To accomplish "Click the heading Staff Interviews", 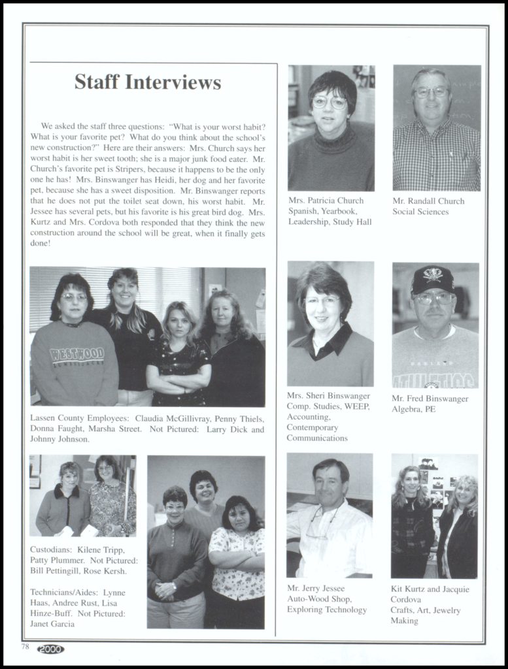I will point(148,82).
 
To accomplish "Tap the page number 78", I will point(25,647).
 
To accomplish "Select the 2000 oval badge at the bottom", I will point(50,648).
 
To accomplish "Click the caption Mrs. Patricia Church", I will point(326,201).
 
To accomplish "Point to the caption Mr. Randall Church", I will point(428,201).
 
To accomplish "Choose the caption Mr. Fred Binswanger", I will point(430,399).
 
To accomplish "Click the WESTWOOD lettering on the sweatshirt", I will point(77,355).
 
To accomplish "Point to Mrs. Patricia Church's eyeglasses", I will point(330,102).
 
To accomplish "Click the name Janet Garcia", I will point(52,624).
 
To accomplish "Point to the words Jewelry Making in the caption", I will point(426,615).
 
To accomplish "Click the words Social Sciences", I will point(420,212).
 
